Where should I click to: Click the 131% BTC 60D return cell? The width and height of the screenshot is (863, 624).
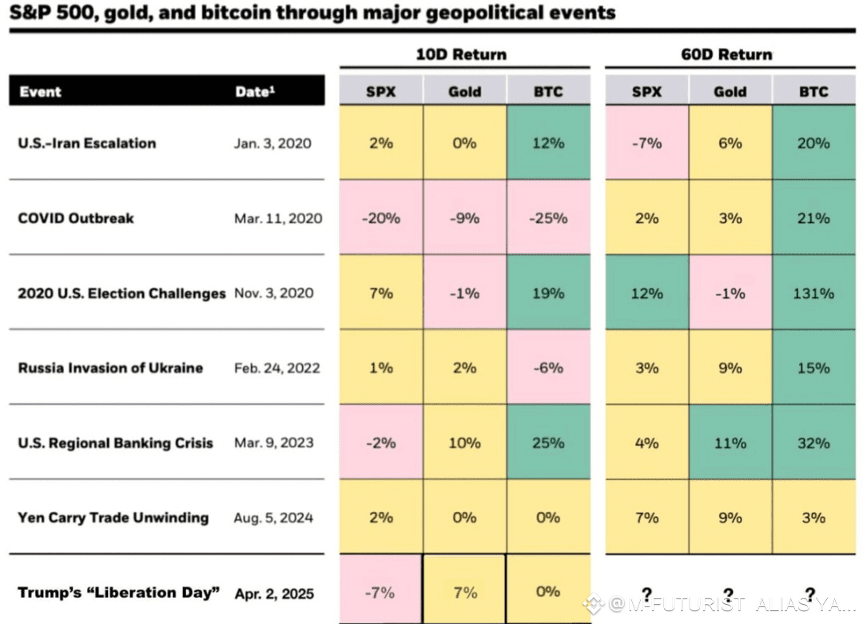813,293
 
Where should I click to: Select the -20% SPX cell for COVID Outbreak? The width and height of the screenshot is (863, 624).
380,218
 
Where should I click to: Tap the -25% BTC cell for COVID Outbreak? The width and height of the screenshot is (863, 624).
548,218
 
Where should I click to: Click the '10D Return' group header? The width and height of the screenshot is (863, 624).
461,55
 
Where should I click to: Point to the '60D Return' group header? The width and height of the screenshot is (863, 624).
728,55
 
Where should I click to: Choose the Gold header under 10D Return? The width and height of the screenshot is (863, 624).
464,92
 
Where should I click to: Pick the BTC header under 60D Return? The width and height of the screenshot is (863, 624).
813,92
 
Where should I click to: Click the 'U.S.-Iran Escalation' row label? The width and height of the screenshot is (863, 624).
87,144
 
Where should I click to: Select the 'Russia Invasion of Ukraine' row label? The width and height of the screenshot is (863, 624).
110,368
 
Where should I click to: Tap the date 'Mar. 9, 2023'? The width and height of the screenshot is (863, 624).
274,443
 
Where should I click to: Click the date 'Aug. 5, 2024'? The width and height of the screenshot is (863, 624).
274,518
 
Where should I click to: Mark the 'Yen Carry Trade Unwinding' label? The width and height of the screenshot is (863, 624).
113,518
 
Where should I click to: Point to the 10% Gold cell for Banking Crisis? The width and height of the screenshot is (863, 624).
464,443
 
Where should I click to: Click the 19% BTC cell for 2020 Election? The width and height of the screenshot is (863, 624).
548,293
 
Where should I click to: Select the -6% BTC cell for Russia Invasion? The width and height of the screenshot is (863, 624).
548,368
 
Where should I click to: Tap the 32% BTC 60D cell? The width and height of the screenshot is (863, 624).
813,443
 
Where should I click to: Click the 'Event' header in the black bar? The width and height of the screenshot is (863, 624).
40,92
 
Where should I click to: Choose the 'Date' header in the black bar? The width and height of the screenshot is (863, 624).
254,92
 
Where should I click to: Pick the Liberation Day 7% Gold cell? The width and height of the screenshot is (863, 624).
464,593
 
